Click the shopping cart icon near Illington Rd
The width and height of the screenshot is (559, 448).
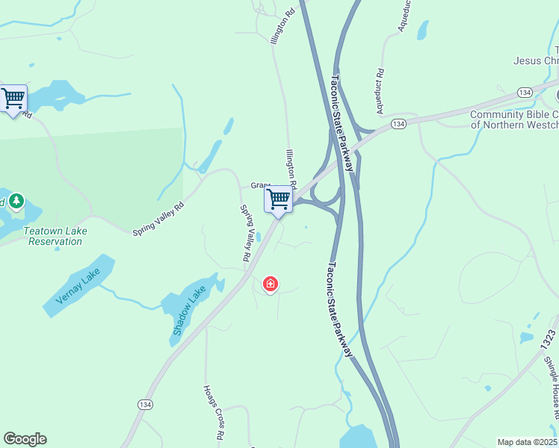278,199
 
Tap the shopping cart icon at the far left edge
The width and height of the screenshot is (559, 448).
13,99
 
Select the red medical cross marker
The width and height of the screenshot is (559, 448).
271,284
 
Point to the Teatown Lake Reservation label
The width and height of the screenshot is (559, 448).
55,236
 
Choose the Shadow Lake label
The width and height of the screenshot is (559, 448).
188,311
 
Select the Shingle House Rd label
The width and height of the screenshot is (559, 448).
553,384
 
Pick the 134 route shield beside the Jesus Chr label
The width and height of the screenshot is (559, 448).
524,92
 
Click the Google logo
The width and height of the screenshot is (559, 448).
25,439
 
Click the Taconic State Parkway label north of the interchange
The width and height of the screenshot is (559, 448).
342,122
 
